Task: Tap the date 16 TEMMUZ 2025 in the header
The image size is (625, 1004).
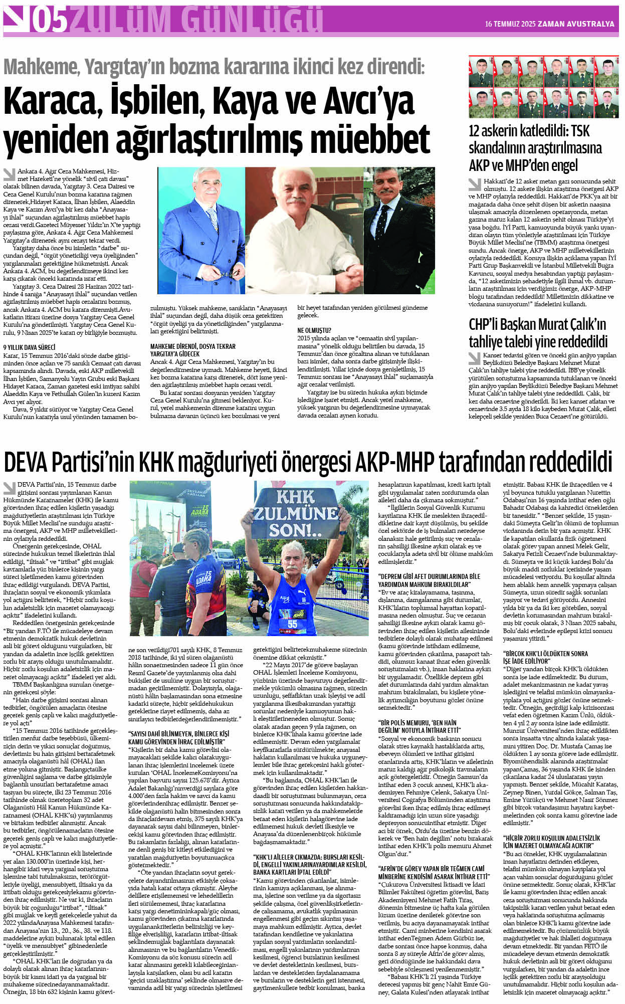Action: point(510,24)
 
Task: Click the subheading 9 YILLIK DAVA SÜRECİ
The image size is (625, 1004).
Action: point(29,347)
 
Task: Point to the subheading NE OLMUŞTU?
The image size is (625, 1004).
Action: point(314,331)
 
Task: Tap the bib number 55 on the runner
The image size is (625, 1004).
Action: point(293,624)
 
